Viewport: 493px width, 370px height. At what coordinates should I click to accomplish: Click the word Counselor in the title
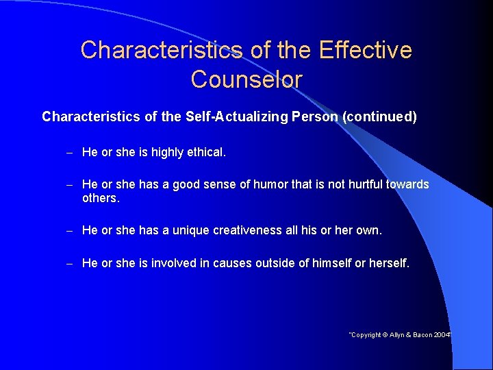click(x=246, y=79)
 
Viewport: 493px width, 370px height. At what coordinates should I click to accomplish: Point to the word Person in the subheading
click(x=314, y=116)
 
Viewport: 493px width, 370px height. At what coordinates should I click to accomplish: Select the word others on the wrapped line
click(x=100, y=198)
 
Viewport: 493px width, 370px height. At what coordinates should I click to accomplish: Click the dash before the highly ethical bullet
click(x=70, y=152)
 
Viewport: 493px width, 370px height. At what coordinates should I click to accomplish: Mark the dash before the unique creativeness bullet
click(x=70, y=230)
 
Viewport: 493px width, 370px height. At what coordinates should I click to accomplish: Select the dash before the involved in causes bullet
click(x=70, y=263)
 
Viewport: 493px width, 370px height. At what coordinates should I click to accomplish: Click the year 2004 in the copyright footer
click(x=442, y=335)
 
